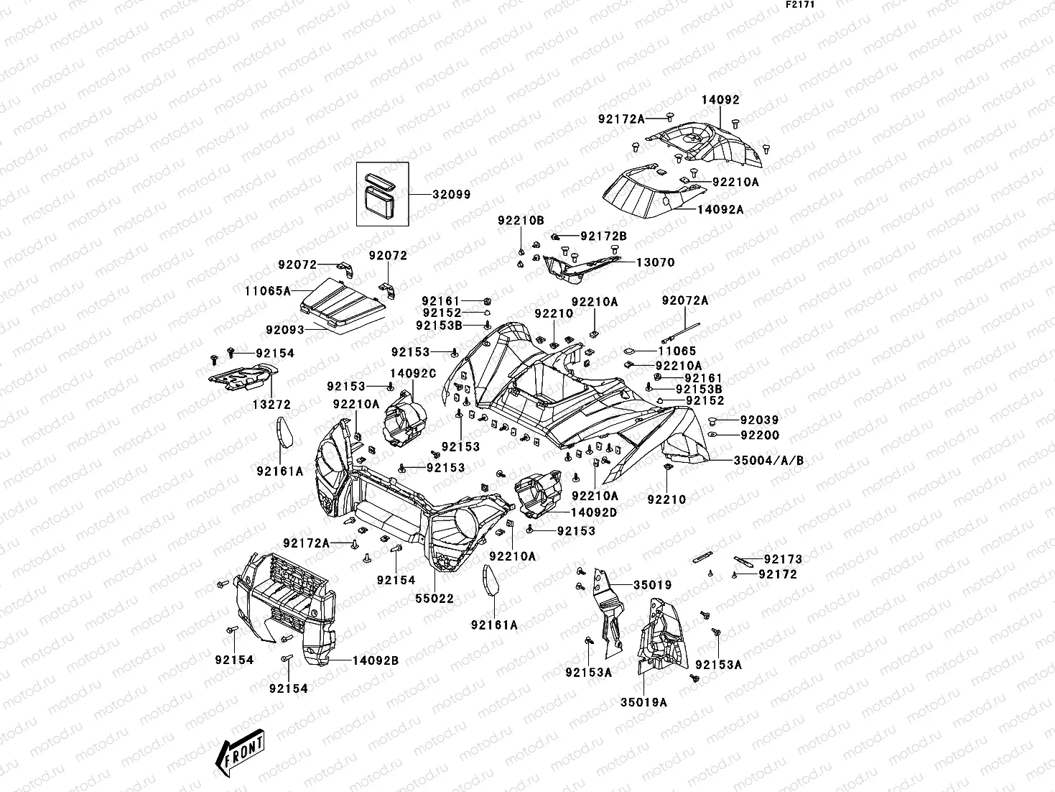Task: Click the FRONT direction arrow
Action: pyautogui.click(x=239, y=750)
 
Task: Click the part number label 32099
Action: pyautogui.click(x=451, y=195)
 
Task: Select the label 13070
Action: pyautogui.click(x=655, y=263)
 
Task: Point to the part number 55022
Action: pyautogui.click(x=434, y=598)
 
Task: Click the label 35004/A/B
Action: pyautogui.click(x=768, y=461)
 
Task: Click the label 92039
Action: pyautogui.click(x=759, y=420)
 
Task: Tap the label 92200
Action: pyautogui.click(x=759, y=436)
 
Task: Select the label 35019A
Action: pyautogui.click(x=643, y=702)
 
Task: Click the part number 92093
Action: pyautogui.click(x=285, y=330)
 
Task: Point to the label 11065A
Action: pyautogui.click(x=266, y=291)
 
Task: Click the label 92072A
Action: pyautogui.click(x=684, y=301)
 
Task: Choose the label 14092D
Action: pyautogui.click(x=593, y=513)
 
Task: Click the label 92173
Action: pyautogui.click(x=783, y=559)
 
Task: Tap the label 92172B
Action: pyautogui.click(x=603, y=236)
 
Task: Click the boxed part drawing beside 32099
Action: pyautogui.click(x=383, y=194)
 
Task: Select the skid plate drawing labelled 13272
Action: pyautogui.click(x=242, y=377)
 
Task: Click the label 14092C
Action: pyautogui.click(x=413, y=374)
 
